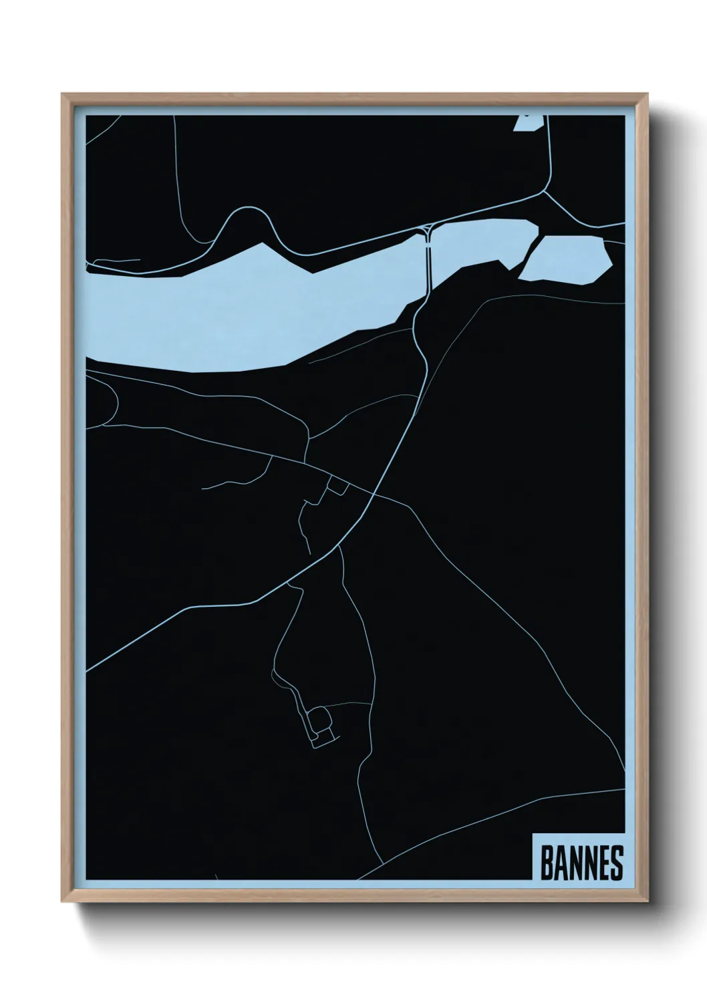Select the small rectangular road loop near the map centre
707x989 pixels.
pyautogui.click(x=336, y=486)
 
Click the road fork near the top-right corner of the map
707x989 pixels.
pyautogui.click(x=545, y=194)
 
